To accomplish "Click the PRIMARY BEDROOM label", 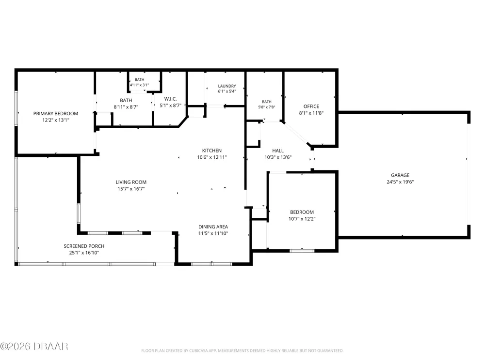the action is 56,114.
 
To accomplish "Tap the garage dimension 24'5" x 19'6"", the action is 400,182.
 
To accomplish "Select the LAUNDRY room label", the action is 227,86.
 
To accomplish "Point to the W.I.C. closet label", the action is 170,99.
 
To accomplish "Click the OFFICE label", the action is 311,106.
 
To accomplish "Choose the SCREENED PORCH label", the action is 84,246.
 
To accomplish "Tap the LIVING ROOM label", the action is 131,182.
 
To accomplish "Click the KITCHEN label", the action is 212,151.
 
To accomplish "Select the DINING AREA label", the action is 213,227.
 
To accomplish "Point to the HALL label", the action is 278,151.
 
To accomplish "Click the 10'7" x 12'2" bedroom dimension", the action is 302,219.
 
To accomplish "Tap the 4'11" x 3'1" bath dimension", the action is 140,85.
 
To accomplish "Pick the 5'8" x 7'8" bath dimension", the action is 267,107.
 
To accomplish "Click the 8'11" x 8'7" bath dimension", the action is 126,107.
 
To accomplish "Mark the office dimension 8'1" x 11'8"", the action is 311,113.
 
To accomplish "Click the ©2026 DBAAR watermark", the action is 34,347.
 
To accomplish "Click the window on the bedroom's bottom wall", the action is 302,251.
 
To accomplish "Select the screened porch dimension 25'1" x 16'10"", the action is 84,253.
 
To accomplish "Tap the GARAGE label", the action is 400,175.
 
